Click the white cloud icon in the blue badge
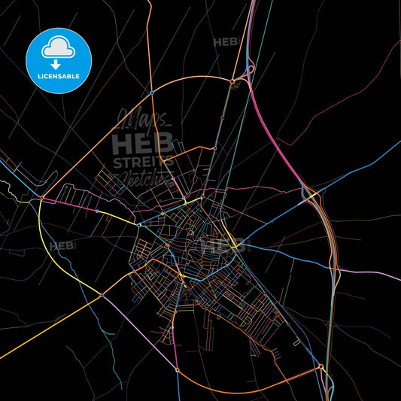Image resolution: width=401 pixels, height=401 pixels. pos(59,47)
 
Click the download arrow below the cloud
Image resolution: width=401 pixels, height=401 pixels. pos(56,65)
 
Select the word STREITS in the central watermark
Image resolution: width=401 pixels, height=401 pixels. pos(143,162)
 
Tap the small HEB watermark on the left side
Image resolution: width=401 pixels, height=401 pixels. pos(62,246)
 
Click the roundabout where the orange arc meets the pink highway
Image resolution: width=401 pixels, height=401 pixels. pos(232,81)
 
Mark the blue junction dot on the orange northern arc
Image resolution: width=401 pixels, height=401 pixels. pos(151,93)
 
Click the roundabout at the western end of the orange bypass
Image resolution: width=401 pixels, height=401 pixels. pos(43,199)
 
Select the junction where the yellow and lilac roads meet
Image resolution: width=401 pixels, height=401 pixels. pos(101,296)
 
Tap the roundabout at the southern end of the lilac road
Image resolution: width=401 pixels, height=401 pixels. pos(177,369)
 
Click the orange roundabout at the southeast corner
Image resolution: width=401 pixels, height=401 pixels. pos(321,366)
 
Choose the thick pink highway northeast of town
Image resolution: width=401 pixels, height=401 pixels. pos(278,143)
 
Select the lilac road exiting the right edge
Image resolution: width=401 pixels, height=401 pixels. pos(376,275)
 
